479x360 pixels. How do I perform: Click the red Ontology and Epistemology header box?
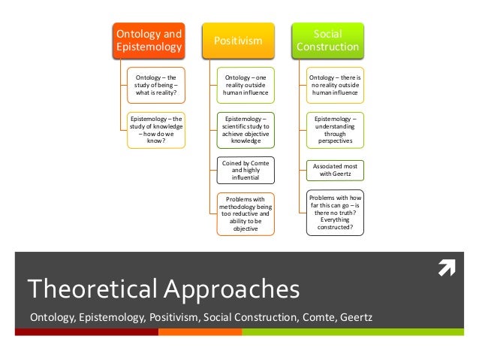[x=148, y=41]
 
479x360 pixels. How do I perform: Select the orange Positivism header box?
[x=239, y=41]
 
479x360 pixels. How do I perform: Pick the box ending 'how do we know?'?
[x=157, y=129]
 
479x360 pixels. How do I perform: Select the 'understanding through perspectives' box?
[x=336, y=129]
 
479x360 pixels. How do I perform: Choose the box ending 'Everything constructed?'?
[x=336, y=213]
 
